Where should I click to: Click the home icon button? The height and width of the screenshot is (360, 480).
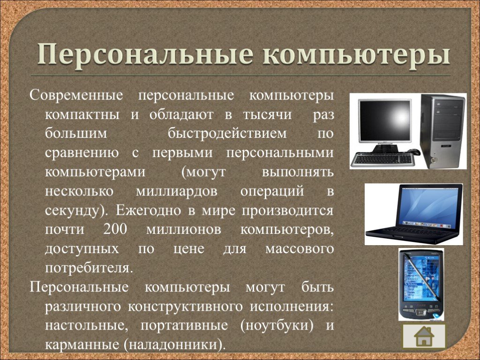click(x=424, y=336)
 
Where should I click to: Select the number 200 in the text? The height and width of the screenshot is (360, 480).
click(x=115, y=229)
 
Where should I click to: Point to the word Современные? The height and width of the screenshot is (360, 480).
click(x=76, y=95)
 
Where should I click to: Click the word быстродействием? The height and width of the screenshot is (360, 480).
click(x=227, y=134)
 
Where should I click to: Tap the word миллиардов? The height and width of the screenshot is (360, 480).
click(x=177, y=191)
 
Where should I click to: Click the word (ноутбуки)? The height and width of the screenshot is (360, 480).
click(x=277, y=325)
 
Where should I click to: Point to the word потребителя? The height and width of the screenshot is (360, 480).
click(x=89, y=268)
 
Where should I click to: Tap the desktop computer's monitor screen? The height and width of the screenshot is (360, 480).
click(x=385, y=120)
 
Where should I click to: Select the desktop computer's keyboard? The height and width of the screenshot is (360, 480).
click(x=382, y=159)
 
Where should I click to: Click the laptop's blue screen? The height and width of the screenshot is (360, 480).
click(x=428, y=207)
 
